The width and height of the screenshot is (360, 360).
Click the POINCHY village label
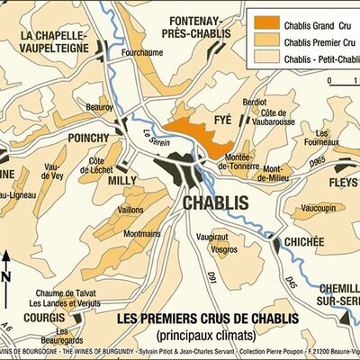coord(88,139)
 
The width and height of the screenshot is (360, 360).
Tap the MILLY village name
coord(121,180)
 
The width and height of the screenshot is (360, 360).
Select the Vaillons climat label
coord(130,209)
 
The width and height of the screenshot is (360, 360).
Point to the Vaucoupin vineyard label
coord(322,208)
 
